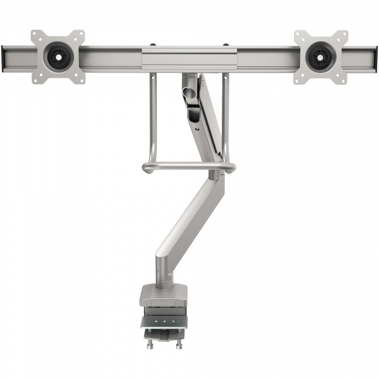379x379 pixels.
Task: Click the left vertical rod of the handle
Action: pyautogui.click(x=152, y=117)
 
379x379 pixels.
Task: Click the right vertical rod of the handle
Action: pyautogui.click(x=226, y=117)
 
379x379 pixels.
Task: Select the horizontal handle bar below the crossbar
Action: pyautogui.click(x=188, y=167)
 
